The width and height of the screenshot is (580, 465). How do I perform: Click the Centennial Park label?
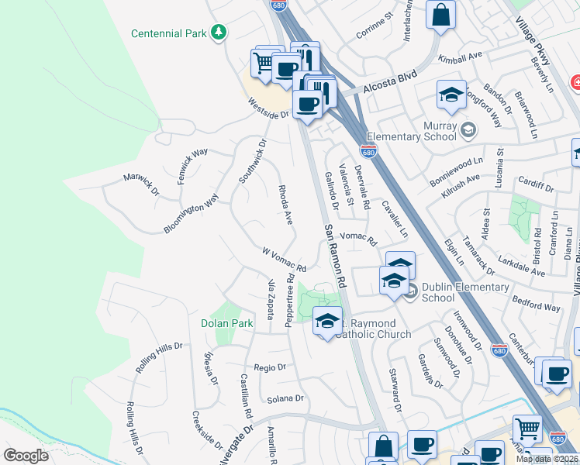click(x=170, y=33)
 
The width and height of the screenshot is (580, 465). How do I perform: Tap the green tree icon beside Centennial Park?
click(x=220, y=33)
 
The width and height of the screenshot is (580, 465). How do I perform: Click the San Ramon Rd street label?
click(x=336, y=257)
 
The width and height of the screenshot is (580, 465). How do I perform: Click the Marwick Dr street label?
click(x=140, y=184)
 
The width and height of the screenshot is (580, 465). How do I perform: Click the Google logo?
click(x=26, y=456)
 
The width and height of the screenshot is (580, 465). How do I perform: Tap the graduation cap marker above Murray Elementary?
click(x=451, y=95)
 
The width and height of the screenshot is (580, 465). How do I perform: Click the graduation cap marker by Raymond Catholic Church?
click(x=327, y=320)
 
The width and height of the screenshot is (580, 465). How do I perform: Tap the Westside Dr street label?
click(x=268, y=108)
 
